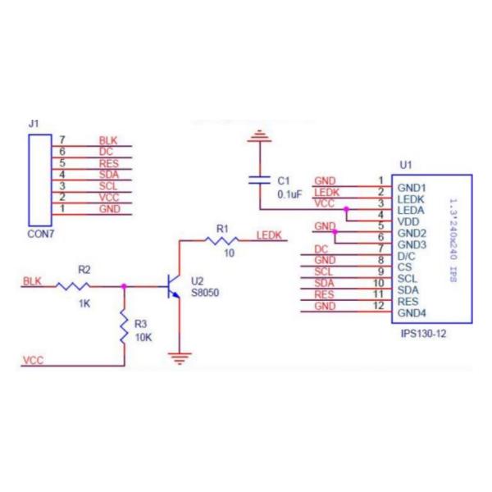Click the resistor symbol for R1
click(221, 240)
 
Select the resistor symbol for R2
click(74, 286)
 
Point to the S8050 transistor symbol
click(172, 287)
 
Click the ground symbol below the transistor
click(180, 357)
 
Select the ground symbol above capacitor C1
click(260, 136)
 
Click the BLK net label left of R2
click(32, 281)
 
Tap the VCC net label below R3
click(33, 360)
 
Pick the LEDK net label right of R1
click(269, 235)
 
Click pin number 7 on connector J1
click(61, 140)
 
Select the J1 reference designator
click(33, 123)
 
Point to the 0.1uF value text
click(289, 194)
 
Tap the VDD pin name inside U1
click(408, 221)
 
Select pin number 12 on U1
click(379, 306)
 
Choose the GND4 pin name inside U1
click(412, 312)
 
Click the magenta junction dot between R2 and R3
click(124, 286)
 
